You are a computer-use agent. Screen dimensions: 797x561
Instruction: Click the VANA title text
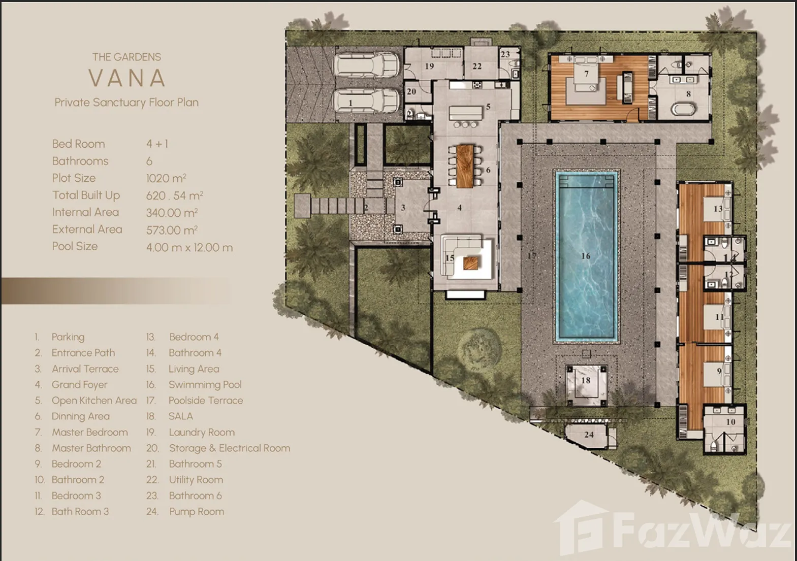click(126, 78)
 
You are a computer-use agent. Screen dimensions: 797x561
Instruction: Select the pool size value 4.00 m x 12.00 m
click(189, 247)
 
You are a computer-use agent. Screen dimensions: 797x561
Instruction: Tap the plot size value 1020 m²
click(166, 178)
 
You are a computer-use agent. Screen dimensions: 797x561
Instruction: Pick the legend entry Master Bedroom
click(90, 433)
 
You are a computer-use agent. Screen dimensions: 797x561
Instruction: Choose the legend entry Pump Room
click(197, 512)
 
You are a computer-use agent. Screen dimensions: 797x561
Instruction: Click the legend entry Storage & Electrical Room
click(230, 448)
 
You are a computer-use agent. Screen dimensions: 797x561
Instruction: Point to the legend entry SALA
click(181, 416)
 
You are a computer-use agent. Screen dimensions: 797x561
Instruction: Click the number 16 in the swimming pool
click(586, 255)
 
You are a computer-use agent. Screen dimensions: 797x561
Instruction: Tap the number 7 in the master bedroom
click(586, 74)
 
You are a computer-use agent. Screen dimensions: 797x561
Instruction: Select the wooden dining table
click(465, 166)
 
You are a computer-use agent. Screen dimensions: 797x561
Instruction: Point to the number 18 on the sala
click(586, 380)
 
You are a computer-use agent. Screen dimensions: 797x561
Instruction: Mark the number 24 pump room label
click(589, 435)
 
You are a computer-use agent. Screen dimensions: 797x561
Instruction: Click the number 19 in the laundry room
click(429, 66)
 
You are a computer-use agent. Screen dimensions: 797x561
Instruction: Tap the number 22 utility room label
click(477, 66)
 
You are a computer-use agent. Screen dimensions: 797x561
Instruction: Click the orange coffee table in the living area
click(471, 263)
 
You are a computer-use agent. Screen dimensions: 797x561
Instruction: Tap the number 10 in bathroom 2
click(730, 422)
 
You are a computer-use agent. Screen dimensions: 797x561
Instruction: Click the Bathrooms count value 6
click(149, 161)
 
